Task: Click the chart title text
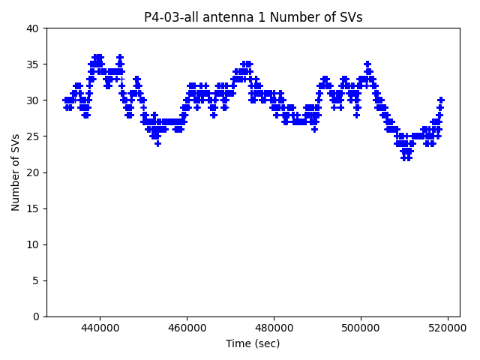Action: pyautogui.click(x=253, y=17)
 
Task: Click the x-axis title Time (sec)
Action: pyautogui.click(x=253, y=343)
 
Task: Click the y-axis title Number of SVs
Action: pyautogui.click(x=16, y=172)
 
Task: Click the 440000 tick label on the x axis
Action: pyautogui.click(x=100, y=328)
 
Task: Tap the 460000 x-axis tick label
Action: pyautogui.click(x=187, y=328)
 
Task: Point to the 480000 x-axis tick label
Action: pyautogui.click(x=274, y=328)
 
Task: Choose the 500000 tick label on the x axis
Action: pyautogui.click(x=361, y=328)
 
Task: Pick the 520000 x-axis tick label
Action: pyautogui.click(x=448, y=328)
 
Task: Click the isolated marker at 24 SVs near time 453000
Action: pyautogui.click(x=157, y=143)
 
